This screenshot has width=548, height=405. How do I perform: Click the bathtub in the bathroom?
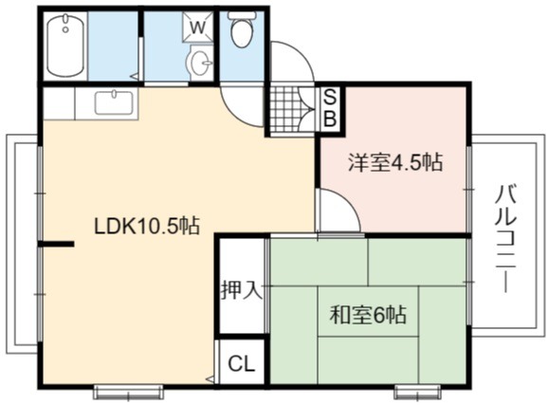[65, 45]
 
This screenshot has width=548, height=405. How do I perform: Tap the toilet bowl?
[242, 30]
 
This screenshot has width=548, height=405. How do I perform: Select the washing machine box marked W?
[198, 28]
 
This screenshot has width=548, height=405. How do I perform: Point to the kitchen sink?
[114, 102]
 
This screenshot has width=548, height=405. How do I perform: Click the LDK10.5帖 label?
[147, 226]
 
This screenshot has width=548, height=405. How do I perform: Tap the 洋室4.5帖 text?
[395, 162]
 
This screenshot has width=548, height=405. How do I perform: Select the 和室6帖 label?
[369, 314]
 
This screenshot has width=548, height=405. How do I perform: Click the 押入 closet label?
[242, 290]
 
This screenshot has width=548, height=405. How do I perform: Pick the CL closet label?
[241, 364]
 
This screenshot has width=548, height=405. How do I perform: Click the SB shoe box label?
[330, 107]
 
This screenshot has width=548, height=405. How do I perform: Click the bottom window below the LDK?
[129, 392]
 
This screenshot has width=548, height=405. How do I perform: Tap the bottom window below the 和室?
[417, 392]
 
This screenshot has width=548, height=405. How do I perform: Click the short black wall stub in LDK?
[56, 244]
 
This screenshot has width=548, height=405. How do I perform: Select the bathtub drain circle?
[65, 29]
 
